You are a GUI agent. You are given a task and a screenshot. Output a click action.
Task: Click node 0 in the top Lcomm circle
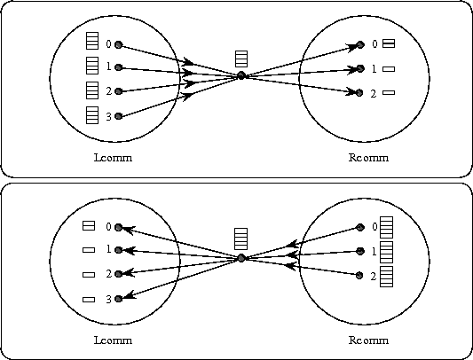pyautogui.click(x=119, y=45)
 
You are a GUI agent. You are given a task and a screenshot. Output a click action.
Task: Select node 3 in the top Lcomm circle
pyautogui.click(x=119, y=116)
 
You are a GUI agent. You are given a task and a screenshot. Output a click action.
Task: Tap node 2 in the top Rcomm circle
pyautogui.click(x=359, y=92)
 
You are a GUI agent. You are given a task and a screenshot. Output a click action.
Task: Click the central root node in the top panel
pyautogui.click(x=241, y=75)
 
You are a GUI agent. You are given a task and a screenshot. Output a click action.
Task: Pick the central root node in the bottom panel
pyautogui.click(x=241, y=258)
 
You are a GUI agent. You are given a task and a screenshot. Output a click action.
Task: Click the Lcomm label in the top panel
pyautogui.click(x=113, y=158)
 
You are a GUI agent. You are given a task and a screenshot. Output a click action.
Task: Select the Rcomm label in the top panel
pyautogui.click(x=368, y=158)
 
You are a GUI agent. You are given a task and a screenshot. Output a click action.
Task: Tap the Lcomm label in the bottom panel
pyautogui.click(x=113, y=340)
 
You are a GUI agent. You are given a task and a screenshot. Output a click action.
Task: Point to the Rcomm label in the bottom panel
pyautogui.click(x=368, y=340)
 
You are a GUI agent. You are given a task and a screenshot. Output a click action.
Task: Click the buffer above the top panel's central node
pyautogui.click(x=241, y=59)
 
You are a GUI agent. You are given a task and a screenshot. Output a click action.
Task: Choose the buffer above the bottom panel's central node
pyautogui.click(x=241, y=239)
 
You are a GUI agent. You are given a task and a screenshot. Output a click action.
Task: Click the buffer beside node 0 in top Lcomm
pyautogui.click(x=92, y=41)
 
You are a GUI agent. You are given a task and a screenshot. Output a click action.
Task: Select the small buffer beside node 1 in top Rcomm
pyautogui.click(x=389, y=69)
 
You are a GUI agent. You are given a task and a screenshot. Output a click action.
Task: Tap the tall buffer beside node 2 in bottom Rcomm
pyautogui.click(x=386, y=277)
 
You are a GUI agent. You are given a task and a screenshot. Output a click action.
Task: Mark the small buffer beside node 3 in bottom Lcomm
pyautogui.click(x=89, y=300)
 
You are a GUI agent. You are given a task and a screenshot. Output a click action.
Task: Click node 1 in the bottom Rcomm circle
pyautogui.click(x=360, y=251)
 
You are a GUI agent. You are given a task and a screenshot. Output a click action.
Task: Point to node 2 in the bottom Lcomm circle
pyautogui.click(x=119, y=274)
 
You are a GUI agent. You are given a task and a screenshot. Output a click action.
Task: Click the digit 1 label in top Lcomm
pyautogui.click(x=109, y=67)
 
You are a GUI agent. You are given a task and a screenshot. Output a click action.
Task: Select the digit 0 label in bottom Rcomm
pyautogui.click(x=374, y=227)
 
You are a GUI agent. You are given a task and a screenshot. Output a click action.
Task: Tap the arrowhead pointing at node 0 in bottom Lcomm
pyautogui.click(x=127, y=231)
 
